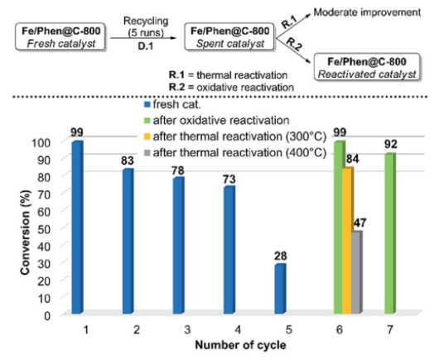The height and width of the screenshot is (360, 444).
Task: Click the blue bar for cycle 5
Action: coord(280,289)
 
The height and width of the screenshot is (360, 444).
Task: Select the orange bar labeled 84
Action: coord(348,240)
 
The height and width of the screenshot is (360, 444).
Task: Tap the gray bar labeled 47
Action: coord(356,272)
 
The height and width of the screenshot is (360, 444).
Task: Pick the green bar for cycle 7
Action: coord(390,233)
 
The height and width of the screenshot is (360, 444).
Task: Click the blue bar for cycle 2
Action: coord(128,241)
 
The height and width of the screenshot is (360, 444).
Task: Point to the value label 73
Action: coord(229,180)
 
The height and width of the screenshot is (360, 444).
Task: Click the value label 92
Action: coord(391,145)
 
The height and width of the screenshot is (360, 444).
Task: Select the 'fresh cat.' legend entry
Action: coord(172,104)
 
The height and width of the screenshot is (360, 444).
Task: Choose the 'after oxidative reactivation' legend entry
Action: coord(217,121)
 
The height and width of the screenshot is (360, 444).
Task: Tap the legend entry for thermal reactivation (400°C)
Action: coord(235,153)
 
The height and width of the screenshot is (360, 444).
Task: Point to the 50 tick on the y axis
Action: coord(44,229)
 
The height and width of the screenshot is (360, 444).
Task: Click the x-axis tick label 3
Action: coord(187,329)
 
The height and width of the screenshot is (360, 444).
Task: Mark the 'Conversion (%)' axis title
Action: coord(26,233)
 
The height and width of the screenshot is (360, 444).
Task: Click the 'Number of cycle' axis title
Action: coord(241,345)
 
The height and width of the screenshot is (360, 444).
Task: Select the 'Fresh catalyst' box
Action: coord(60,37)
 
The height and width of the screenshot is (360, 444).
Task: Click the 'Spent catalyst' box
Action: coord(229,37)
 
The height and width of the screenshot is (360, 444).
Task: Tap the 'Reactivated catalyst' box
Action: coord(367,67)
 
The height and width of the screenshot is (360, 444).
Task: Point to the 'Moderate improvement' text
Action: coord(367,12)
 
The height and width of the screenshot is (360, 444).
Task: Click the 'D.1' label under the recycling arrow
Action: coord(146,46)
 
